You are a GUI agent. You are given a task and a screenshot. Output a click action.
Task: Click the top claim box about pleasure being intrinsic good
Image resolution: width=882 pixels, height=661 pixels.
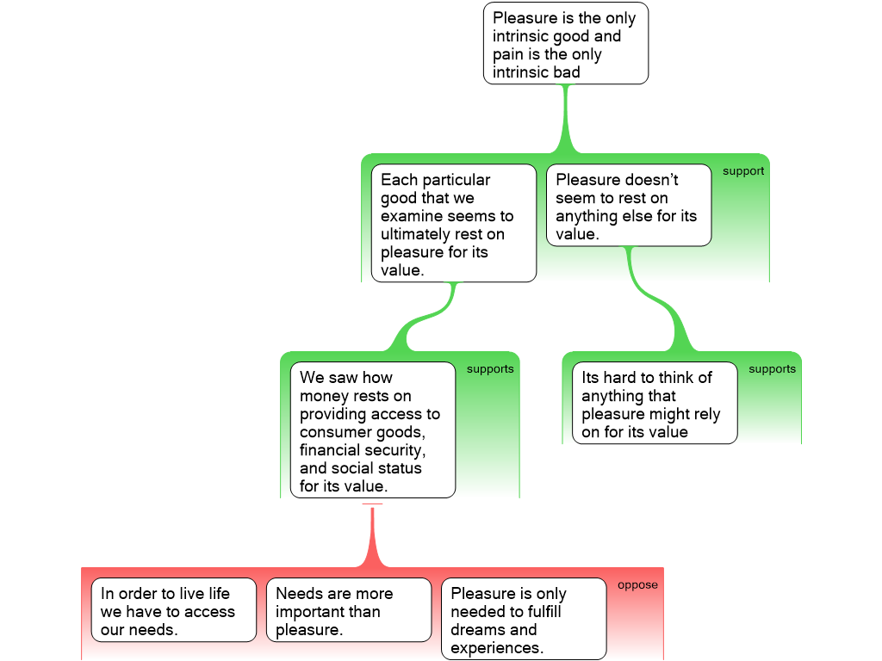565,43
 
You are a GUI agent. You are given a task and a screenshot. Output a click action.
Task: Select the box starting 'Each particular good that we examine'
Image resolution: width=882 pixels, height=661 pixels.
453,224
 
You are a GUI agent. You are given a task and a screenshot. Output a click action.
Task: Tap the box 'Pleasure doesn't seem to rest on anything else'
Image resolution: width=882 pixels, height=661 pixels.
628,207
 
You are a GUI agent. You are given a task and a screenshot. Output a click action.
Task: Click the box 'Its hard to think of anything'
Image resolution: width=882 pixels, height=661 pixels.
655,403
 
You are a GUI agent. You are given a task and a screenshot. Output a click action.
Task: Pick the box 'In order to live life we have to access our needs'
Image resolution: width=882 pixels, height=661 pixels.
173,610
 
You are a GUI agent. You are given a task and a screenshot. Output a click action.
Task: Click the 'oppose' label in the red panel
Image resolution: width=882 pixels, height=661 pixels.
637,585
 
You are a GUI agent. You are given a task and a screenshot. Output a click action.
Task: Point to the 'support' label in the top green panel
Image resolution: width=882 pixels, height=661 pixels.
743,171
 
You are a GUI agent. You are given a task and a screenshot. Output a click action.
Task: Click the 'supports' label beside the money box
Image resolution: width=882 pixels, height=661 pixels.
490,369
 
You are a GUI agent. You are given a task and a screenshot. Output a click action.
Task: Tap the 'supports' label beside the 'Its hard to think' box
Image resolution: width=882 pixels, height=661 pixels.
772,369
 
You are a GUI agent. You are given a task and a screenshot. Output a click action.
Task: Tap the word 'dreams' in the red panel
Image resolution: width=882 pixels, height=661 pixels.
476,629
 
